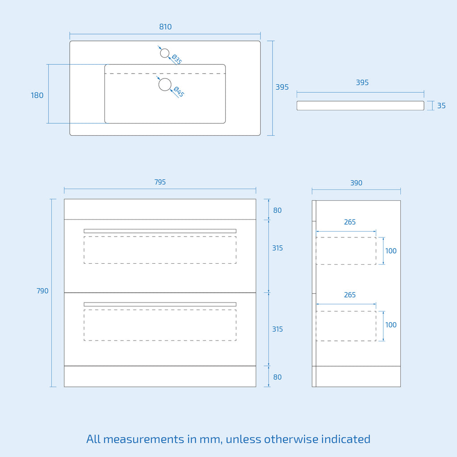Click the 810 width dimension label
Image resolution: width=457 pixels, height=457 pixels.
click(165, 27)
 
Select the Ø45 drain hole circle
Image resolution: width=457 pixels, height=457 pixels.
click(165, 84)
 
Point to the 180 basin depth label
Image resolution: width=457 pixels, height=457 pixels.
click(37, 96)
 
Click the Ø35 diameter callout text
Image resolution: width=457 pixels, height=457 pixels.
click(177, 59)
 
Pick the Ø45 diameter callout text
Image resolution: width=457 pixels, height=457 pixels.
click(179, 92)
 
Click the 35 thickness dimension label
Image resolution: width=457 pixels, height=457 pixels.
click(441, 105)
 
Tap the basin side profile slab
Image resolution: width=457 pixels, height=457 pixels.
click(360, 105)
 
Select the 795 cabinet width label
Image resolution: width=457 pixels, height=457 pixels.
click(160, 182)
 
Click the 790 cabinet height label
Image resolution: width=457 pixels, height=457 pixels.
click(42, 291)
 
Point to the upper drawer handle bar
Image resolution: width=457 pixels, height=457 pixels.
click(160, 231)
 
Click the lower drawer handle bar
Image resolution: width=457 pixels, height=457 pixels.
click(160, 304)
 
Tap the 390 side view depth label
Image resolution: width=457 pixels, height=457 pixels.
click(356, 183)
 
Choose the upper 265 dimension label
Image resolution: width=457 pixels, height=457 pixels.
click(350, 222)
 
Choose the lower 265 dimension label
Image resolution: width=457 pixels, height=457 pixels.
click(350, 295)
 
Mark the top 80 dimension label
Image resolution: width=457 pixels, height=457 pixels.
click(277, 211)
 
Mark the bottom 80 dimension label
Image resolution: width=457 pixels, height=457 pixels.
click(277, 377)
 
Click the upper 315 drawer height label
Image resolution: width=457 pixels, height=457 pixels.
click(278, 248)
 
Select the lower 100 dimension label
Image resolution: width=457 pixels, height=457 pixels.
click(391, 325)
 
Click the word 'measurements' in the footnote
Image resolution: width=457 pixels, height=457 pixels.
click(144, 439)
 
